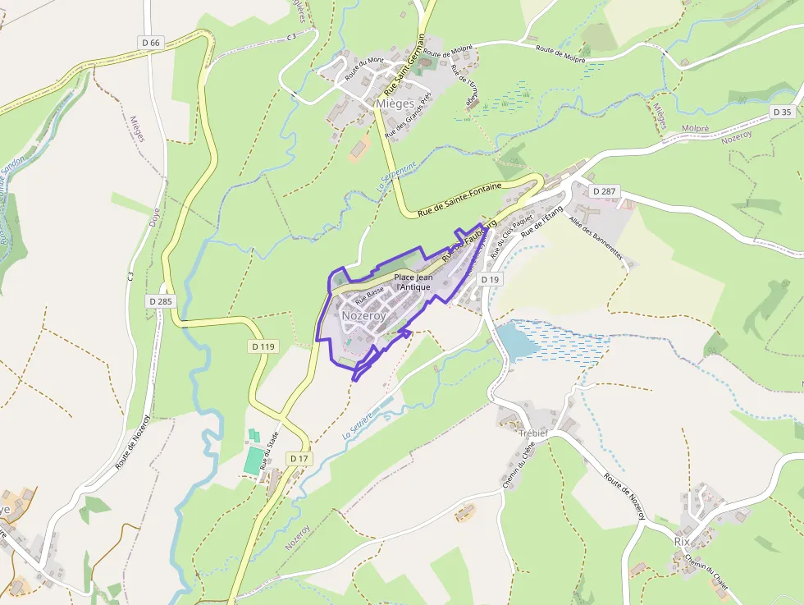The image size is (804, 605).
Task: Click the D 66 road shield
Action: point(151,42)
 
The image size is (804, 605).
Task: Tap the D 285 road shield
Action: point(161,301)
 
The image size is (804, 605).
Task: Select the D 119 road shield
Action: point(263,346)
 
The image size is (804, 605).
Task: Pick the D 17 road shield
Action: point(299,457)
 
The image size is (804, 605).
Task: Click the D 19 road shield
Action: point(490,280)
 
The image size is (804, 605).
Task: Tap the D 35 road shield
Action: point(782,112)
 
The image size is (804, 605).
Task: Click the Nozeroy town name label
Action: point(363,315)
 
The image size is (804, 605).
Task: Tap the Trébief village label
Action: point(533,433)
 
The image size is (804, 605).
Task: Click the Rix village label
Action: point(682,542)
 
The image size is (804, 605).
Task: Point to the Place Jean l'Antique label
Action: point(413,282)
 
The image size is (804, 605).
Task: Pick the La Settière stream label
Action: point(356,424)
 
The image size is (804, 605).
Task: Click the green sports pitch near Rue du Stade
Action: point(255,460)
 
